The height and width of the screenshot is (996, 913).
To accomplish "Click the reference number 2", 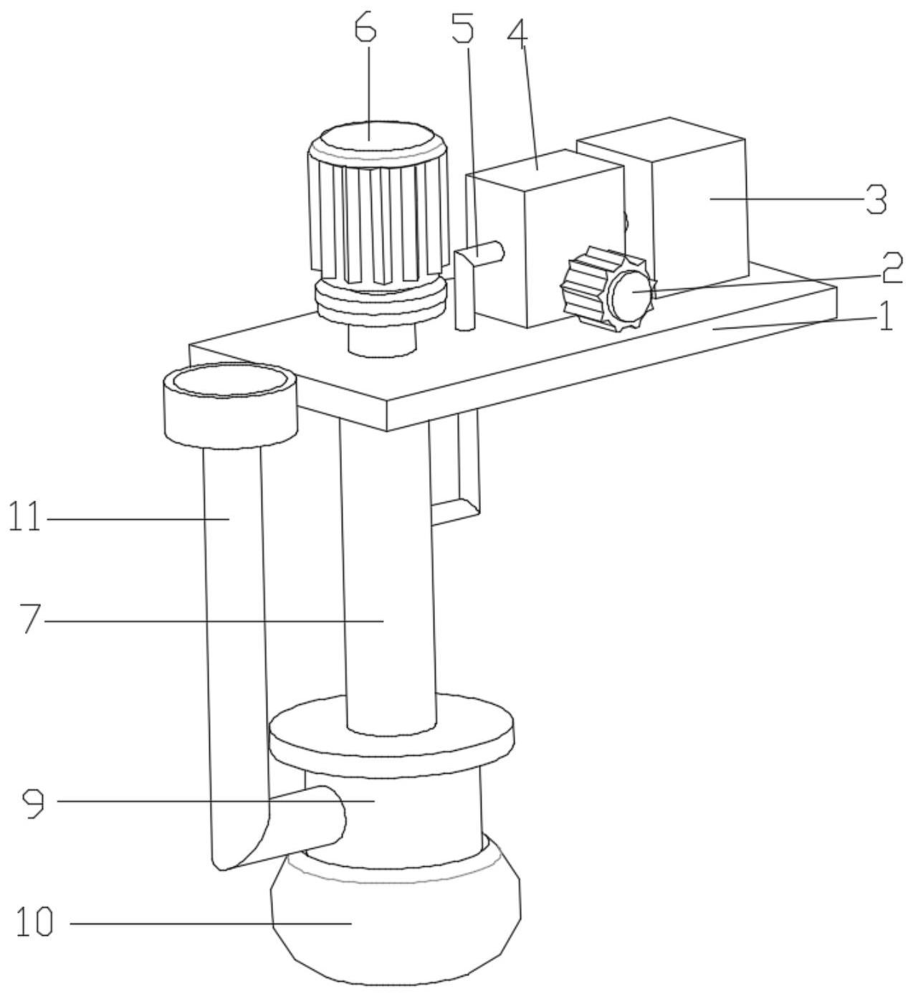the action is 889,269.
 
